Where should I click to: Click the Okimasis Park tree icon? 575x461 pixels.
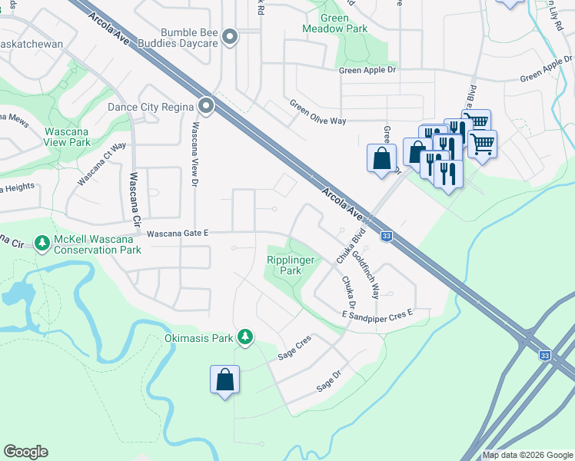pos(245,337)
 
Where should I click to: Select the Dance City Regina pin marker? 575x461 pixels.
pos(205,106)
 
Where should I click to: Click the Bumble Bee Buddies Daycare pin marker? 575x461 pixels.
pos(229,37)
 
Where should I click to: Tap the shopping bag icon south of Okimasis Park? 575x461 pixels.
pos(224,380)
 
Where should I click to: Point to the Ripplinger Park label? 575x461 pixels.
pos(291,266)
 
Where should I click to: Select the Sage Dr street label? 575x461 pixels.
pos(328,381)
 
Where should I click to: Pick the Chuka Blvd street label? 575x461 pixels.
pos(349,247)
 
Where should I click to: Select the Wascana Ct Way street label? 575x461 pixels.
pos(102,162)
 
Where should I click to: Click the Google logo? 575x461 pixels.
pos(25,452)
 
